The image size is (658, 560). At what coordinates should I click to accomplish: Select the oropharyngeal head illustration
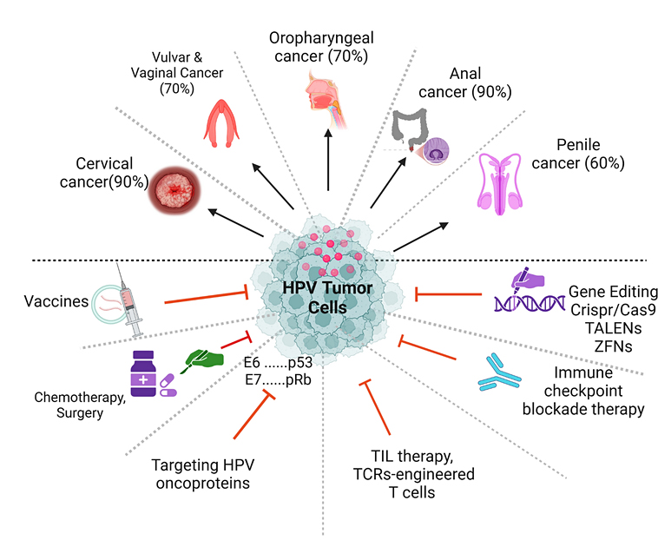click(326, 95)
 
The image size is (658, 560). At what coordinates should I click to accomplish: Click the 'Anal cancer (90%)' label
click(477, 82)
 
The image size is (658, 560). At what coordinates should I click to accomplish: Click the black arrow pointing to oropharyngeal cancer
click(328, 156)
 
